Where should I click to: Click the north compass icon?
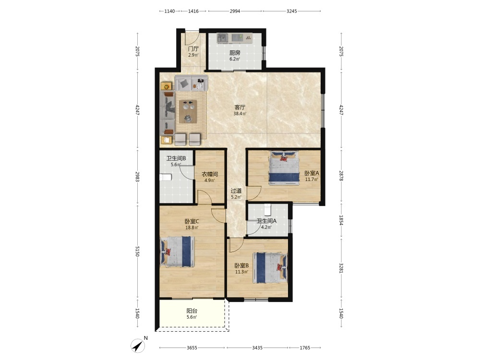pyautogui.click(x=138, y=345)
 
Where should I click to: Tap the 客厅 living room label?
pyautogui.click(x=240, y=108)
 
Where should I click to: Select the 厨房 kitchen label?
pyautogui.click(x=235, y=53)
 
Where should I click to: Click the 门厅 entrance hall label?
pyautogui.click(x=193, y=48)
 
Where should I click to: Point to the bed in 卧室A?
pyautogui.click(x=284, y=168)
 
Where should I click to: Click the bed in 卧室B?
pyautogui.click(x=270, y=267)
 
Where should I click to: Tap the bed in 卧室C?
pyautogui.click(x=178, y=252)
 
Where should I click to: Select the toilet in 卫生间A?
pyautogui.click(x=267, y=210)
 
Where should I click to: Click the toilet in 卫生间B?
pyautogui.click(x=165, y=177)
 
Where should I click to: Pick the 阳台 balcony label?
pyautogui.click(x=192, y=311)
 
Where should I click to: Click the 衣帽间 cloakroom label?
pyautogui.click(x=210, y=174)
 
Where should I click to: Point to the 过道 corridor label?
pyautogui.click(x=236, y=191)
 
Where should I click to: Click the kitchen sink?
pyautogui.click(x=223, y=38)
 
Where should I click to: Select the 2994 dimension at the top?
pyautogui.click(x=235, y=11)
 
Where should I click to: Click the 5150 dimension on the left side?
pyautogui.click(x=137, y=252)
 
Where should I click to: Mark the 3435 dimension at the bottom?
pyautogui.click(x=257, y=348)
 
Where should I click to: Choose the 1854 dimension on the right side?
pyautogui.click(x=341, y=220)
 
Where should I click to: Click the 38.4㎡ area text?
pyautogui.click(x=240, y=114)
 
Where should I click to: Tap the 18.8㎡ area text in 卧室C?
pyautogui.click(x=192, y=228)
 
